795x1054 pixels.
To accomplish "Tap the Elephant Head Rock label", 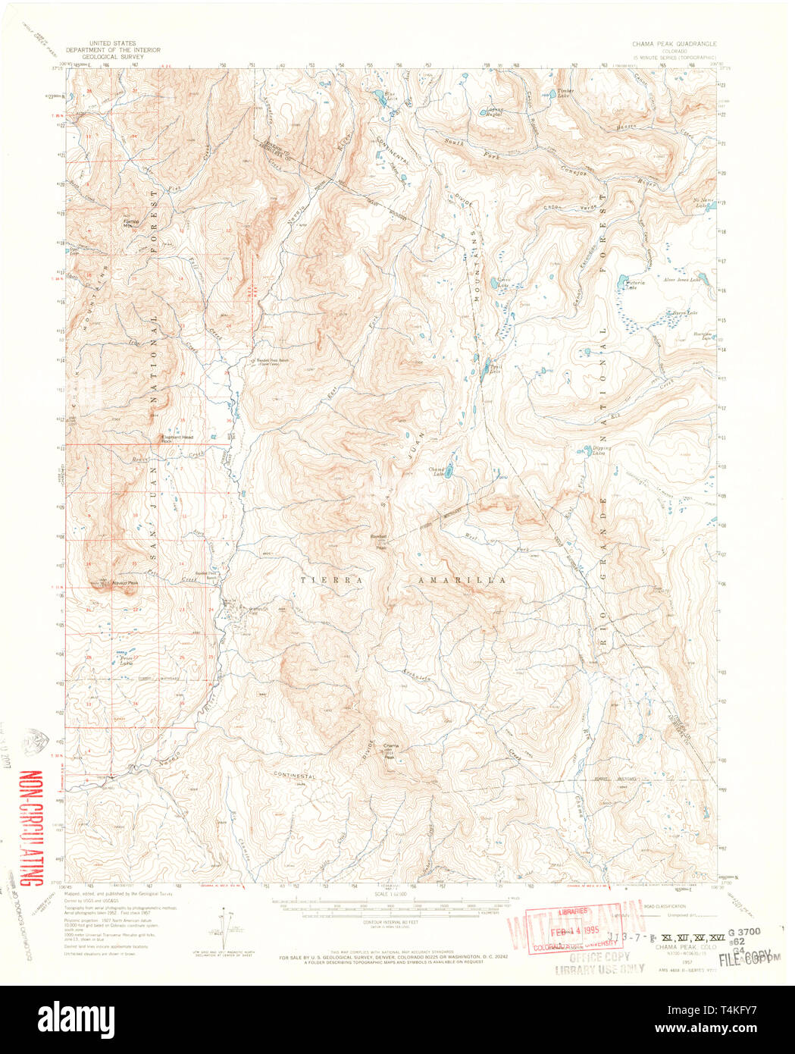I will coord(176,439).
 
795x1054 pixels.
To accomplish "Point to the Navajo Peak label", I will coord(126,583).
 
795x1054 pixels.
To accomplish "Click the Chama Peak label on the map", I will coord(390,751).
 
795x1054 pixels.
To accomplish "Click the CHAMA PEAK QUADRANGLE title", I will coord(670,45).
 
